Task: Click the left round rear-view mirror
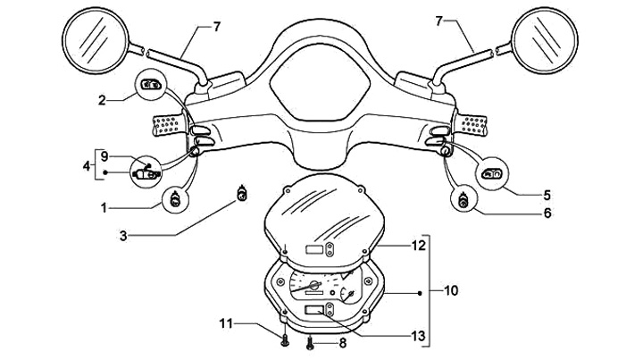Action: [96, 40]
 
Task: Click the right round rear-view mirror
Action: [545, 40]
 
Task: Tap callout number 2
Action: [102, 100]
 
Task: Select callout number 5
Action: [547, 195]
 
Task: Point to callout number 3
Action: [123, 236]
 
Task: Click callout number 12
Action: [419, 246]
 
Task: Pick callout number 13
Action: [419, 336]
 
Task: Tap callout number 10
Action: [451, 290]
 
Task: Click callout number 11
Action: [226, 323]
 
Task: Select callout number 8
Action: [342, 343]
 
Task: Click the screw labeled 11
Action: [285, 340]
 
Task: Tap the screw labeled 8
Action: [310, 342]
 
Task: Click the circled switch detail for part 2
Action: [150, 85]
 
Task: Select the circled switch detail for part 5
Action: [493, 173]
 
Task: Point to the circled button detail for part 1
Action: [176, 200]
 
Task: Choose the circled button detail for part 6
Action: [463, 200]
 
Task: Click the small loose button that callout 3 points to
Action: [242, 194]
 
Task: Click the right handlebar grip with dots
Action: [472, 125]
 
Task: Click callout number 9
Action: [104, 156]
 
